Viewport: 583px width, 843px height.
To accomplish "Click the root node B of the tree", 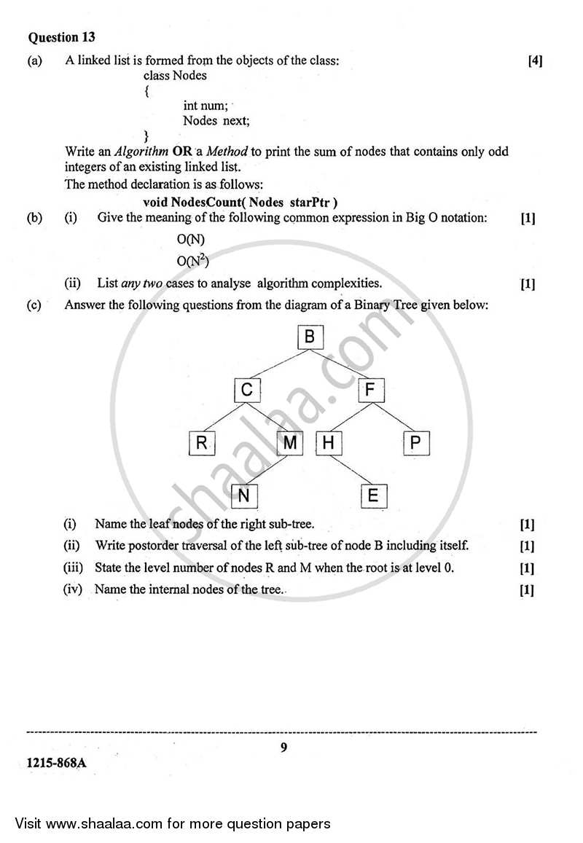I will pos(310,337).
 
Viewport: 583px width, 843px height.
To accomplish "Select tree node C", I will pos(247,391).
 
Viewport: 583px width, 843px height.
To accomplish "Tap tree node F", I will pos(370,391).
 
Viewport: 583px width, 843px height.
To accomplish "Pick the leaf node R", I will pos(201,444).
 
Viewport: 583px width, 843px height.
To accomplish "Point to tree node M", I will pos(290,444).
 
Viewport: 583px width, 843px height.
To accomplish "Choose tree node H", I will pos(329,444).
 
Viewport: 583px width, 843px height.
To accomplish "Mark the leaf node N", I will pos(244,496).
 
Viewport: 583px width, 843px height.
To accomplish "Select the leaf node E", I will pos(373,496).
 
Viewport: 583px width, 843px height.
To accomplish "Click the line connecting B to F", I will pos(340,364).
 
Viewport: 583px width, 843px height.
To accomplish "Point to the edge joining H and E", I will pos(351,470).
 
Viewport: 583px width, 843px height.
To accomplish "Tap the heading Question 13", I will pos(62,37).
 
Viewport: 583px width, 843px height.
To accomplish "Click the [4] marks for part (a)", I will pos(535,61).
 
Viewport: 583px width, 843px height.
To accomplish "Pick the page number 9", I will pos(283,746).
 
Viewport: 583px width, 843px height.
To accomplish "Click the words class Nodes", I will pos(175,75).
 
